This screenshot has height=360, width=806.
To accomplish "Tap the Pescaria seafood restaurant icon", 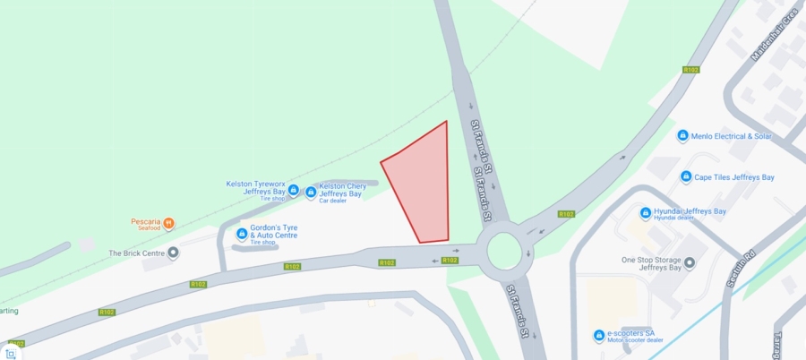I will coord(168,223).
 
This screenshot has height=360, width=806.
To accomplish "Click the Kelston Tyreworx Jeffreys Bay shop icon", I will coord(293,190).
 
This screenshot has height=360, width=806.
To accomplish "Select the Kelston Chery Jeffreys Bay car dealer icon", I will coord(311,192).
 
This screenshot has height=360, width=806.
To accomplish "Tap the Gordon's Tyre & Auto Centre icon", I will coord(241,235).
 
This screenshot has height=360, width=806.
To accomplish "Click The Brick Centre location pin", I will coord(173,253).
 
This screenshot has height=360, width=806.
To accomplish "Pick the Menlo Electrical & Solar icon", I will coord(682,136).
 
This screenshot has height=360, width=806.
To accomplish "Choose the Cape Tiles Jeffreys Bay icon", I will coord(686,177).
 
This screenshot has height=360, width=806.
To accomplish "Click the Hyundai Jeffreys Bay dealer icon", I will coord(646,213).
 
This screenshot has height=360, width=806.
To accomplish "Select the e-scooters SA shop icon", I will coord(599,336).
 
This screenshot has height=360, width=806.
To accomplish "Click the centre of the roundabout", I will coord(504,252).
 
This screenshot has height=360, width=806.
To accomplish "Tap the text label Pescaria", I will coord(144,219).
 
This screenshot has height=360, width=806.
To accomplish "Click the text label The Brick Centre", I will coord(137,253).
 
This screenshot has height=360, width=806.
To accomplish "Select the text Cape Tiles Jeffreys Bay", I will coord(734,177).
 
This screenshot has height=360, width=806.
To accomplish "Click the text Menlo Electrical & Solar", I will coord(731,136).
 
